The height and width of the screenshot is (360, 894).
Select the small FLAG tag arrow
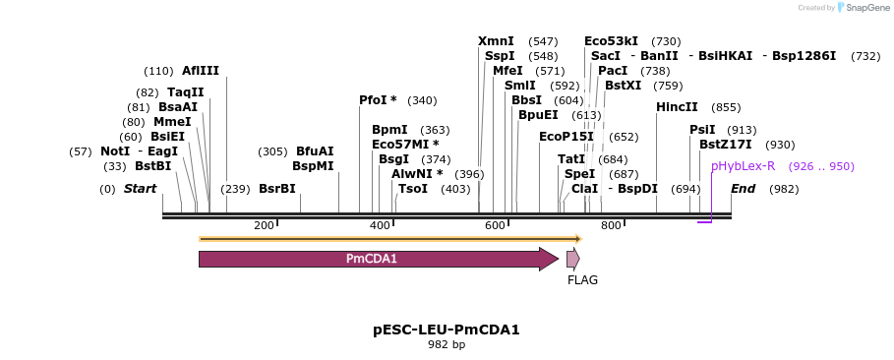(572, 259)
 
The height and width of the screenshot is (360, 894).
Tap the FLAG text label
(582, 280)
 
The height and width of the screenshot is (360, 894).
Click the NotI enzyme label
(115, 151)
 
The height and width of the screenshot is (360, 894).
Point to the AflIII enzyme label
(201, 71)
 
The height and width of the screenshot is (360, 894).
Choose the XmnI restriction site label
(496, 41)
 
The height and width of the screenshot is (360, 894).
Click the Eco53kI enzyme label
(611, 41)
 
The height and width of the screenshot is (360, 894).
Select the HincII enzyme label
(677, 107)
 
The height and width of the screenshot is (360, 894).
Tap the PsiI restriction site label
(702, 130)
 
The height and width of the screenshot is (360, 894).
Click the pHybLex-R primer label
(743, 166)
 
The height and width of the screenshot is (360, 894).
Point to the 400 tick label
(380, 226)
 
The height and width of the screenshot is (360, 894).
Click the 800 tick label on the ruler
(611, 226)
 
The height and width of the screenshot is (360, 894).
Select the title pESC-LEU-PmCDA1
(447, 330)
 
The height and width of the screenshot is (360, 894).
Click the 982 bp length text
(447, 345)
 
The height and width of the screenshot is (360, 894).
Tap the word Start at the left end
(140, 189)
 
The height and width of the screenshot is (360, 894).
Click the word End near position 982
(744, 189)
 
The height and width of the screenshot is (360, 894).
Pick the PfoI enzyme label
(373, 100)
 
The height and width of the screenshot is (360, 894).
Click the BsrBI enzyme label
(277, 189)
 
